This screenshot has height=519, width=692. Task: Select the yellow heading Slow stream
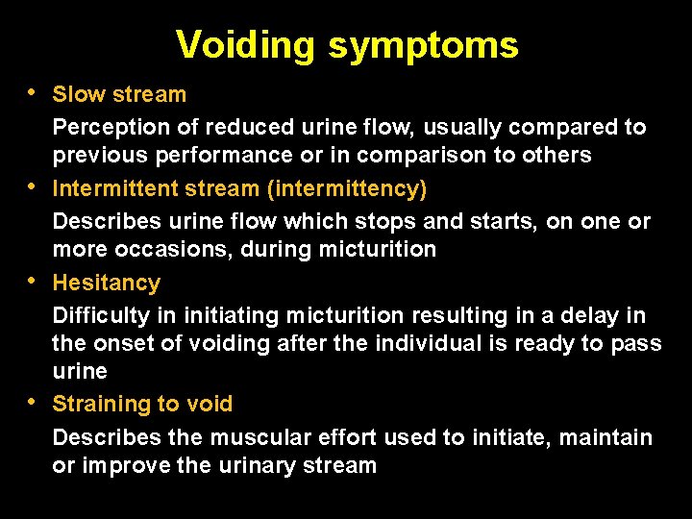(119, 94)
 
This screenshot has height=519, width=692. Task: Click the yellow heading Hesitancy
(106, 283)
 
